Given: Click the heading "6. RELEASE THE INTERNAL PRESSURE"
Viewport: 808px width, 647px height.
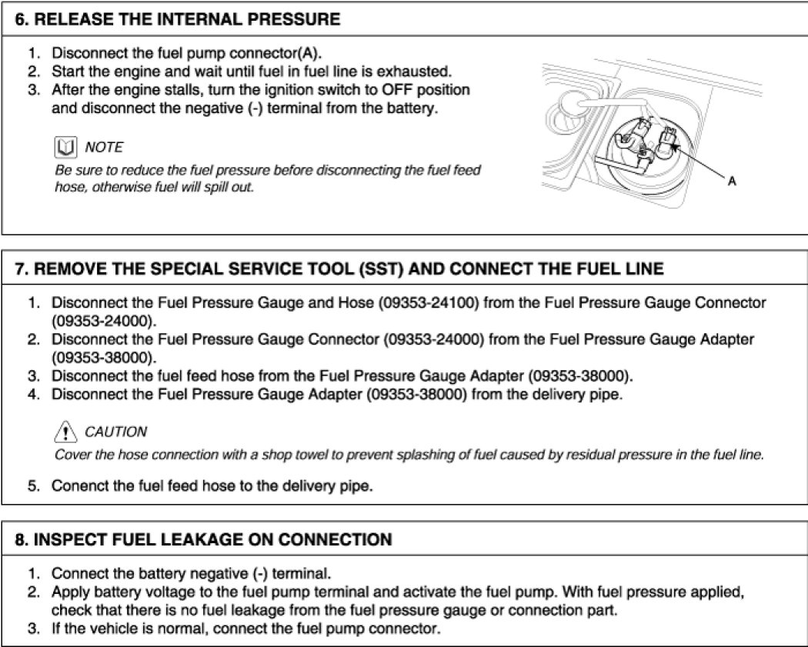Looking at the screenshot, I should coord(178,19).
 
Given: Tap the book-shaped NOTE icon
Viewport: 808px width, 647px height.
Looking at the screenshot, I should coord(65,147).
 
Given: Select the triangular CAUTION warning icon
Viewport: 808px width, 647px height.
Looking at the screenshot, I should coord(65,432).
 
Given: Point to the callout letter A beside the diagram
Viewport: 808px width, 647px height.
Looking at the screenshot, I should coord(732,182).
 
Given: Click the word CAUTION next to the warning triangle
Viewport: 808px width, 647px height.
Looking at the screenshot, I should coord(115,432).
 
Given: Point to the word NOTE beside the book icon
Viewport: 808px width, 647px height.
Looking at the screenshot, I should coord(104,147).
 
